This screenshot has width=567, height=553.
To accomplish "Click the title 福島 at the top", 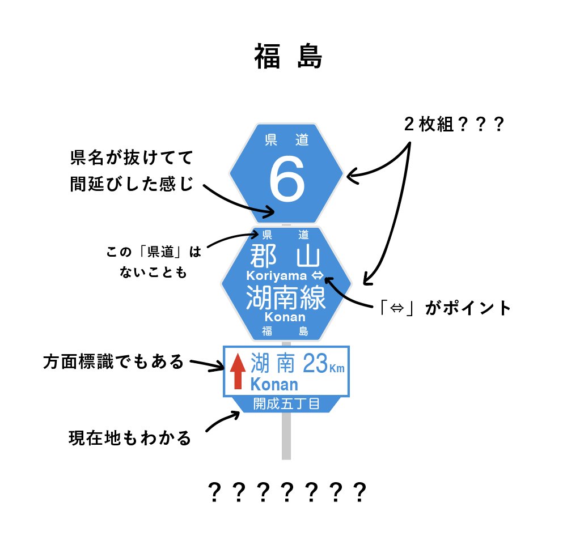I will pyautogui.click(x=288, y=57).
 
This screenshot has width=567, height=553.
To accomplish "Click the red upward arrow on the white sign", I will pyautogui.click(x=238, y=371).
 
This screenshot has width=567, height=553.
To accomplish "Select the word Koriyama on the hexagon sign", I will pyautogui.click(x=277, y=276).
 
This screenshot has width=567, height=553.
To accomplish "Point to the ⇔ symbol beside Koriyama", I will pyautogui.click(x=318, y=276).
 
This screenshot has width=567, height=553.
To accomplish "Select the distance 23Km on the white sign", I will pyautogui.click(x=323, y=364).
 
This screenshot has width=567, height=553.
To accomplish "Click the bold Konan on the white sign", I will pyautogui.click(x=274, y=385).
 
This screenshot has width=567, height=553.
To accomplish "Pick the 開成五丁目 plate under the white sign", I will pyautogui.click(x=286, y=404).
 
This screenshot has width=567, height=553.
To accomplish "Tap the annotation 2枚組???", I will pyautogui.click(x=454, y=125).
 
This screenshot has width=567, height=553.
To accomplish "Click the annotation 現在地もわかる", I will pyautogui.click(x=130, y=438).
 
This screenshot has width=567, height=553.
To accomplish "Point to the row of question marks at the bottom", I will pyautogui.click(x=286, y=494).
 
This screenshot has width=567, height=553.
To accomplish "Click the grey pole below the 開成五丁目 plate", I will pyautogui.click(x=286, y=436).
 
